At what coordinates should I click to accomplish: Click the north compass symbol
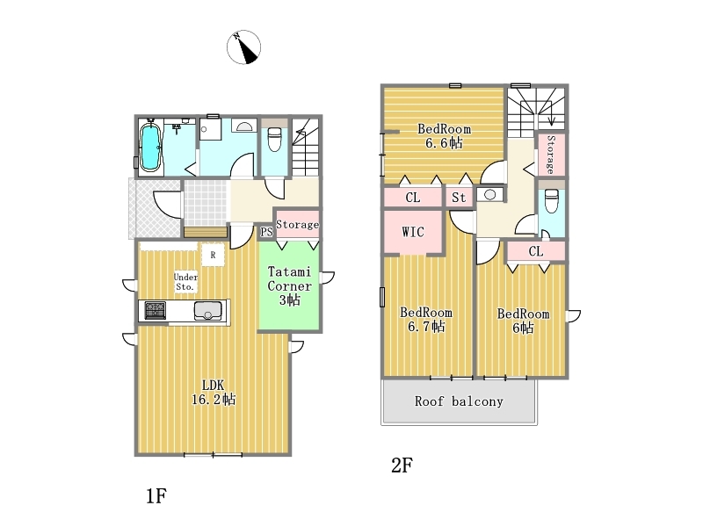tap(244, 47)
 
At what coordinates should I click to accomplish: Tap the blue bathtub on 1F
tap(150, 147)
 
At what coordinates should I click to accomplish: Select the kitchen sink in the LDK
tap(207, 311)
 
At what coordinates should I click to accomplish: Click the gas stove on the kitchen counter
tap(156, 311)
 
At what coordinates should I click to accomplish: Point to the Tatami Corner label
tap(289, 278)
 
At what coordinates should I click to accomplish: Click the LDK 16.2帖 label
tap(214, 392)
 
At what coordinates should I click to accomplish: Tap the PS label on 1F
tap(267, 232)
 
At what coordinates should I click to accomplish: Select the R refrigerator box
tap(213, 255)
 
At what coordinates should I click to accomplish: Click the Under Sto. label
tap(185, 282)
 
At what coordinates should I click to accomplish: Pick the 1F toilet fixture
tap(274, 139)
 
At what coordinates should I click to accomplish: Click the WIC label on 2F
tap(413, 232)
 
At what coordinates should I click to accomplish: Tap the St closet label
tap(459, 198)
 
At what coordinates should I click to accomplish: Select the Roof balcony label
tap(459, 401)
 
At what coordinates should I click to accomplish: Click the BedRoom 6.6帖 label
tap(445, 136)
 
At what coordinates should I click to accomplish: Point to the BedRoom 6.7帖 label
tap(426, 320)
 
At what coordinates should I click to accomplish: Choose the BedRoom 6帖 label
tap(523, 321)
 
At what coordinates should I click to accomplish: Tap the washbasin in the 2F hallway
tap(490, 195)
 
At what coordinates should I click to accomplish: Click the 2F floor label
tap(402, 466)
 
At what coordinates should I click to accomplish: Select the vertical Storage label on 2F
tap(551, 155)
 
